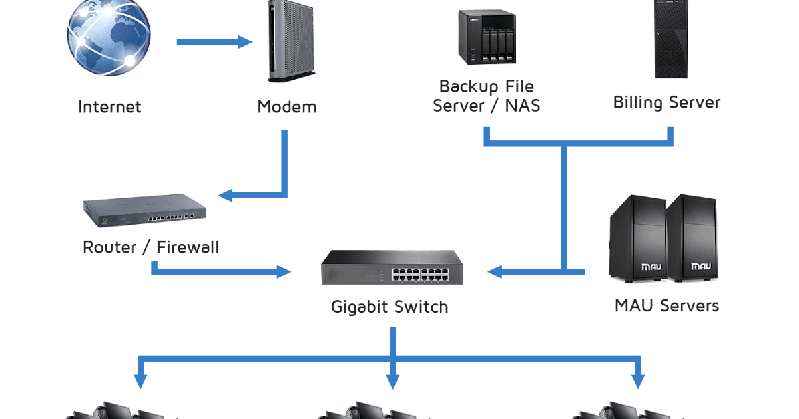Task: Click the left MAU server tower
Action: point(637,239)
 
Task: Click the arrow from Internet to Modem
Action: point(214,43)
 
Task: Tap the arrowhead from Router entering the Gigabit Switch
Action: point(285,271)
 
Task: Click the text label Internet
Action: point(110,106)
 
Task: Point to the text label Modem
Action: point(287,106)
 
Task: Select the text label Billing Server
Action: point(666,103)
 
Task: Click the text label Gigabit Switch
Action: point(390,307)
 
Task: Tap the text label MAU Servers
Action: point(666,306)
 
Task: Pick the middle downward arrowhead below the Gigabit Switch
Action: point(393,382)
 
